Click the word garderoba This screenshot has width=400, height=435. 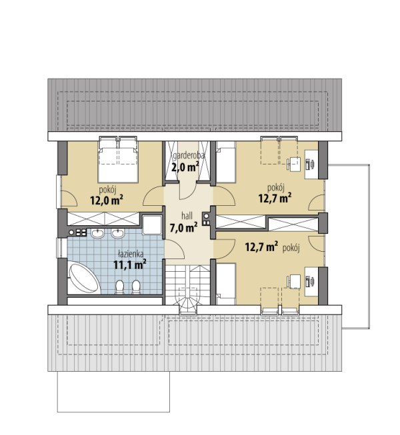pyautogui.click(x=189, y=156)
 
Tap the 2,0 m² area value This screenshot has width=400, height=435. pyautogui.click(x=185, y=167)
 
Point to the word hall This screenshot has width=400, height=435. pyautogui.click(x=187, y=216)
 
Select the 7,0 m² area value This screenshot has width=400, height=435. pyautogui.click(x=183, y=227)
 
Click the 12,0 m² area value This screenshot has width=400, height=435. pyautogui.click(x=107, y=200)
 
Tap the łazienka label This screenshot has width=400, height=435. pyautogui.click(x=130, y=253)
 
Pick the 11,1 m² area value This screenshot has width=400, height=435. pyautogui.click(x=129, y=264)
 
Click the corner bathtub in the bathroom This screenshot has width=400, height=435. pyautogui.click(x=83, y=277)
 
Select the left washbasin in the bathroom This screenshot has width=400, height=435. pyautogui.click(x=98, y=234)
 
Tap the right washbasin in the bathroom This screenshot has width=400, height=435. pyautogui.click(x=118, y=234)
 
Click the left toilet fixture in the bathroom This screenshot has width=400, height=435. pyautogui.click(x=119, y=287)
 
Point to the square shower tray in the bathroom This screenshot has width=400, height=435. pyautogui.click(x=152, y=224)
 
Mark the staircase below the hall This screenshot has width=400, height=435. pyautogui.click(x=188, y=288)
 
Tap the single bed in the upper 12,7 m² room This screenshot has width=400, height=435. pyautogui.click(x=226, y=162)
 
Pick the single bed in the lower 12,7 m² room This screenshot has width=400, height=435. pyautogui.click(x=226, y=284)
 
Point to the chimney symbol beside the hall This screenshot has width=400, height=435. pyautogui.click(x=206, y=219)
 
